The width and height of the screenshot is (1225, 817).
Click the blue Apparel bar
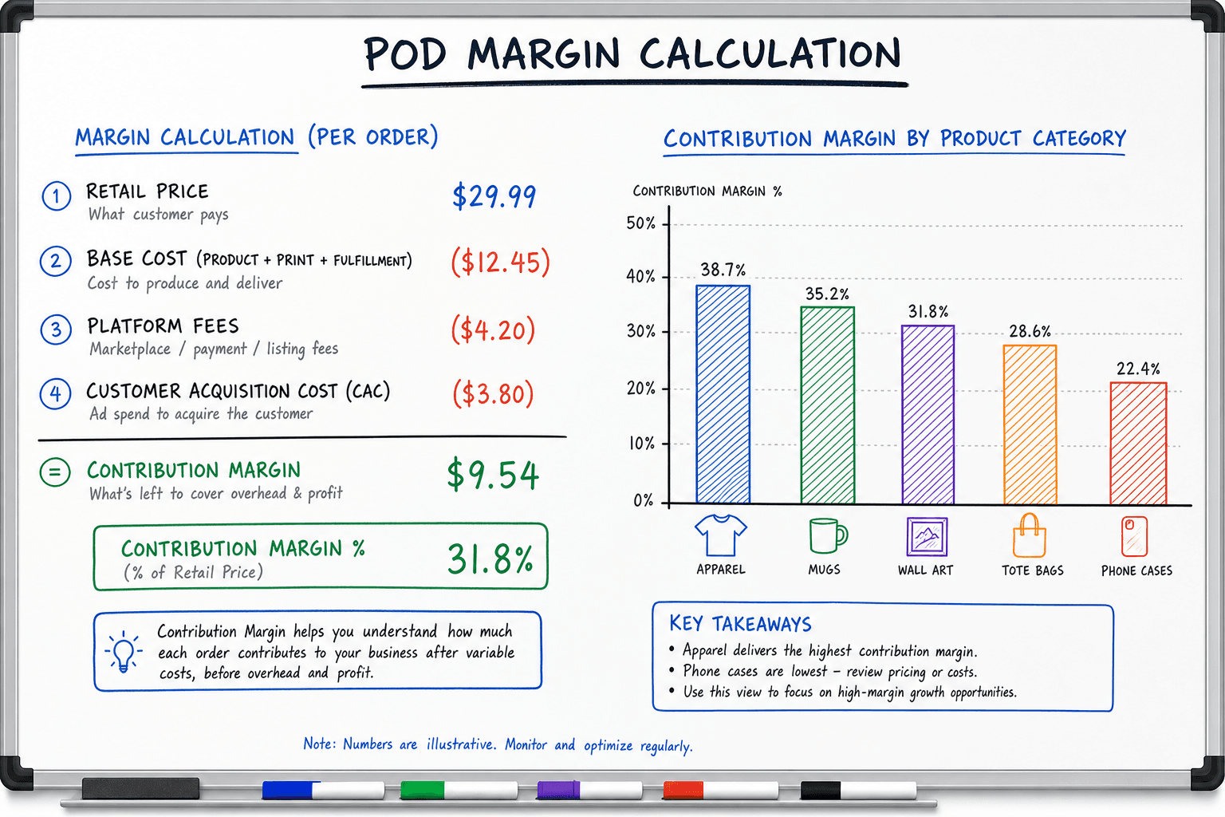[723, 394]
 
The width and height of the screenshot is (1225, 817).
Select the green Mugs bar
[827, 405]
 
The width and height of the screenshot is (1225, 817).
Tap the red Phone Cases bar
[1138, 444]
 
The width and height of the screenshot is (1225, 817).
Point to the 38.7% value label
[723, 269]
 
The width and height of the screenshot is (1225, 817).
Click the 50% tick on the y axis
[641, 223]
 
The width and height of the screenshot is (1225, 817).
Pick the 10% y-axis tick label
[641, 444]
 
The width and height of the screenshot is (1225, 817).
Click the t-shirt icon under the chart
[721, 535]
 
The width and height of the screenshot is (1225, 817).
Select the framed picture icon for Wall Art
[927, 536]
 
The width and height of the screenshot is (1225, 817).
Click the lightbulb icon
[124, 651]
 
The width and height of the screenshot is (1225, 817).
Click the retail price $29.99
[494, 196]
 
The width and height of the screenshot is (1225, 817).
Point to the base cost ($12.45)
[500, 262]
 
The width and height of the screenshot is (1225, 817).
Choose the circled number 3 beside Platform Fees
[56, 330]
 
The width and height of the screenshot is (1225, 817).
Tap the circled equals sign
[55, 472]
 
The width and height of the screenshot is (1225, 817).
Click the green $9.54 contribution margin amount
[493, 475]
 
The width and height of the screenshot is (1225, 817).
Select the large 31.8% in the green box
[490, 558]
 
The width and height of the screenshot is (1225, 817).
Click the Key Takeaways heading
[740, 624]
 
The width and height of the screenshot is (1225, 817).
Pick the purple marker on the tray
[589, 790]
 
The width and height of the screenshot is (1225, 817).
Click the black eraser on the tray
[140, 788]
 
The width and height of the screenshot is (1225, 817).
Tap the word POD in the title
[405, 54]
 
